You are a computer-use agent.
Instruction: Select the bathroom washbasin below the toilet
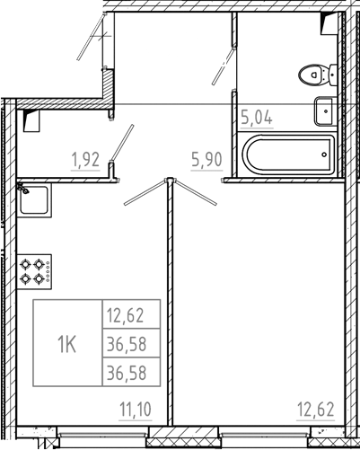pyautogui.click(x=324, y=111)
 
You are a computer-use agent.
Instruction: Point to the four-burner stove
pyautogui.click(x=35, y=270)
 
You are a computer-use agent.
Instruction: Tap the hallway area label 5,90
pyautogui.click(x=206, y=160)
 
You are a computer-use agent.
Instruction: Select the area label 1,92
pyautogui.click(x=86, y=161)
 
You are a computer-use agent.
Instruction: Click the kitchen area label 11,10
pyautogui.click(x=136, y=410)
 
